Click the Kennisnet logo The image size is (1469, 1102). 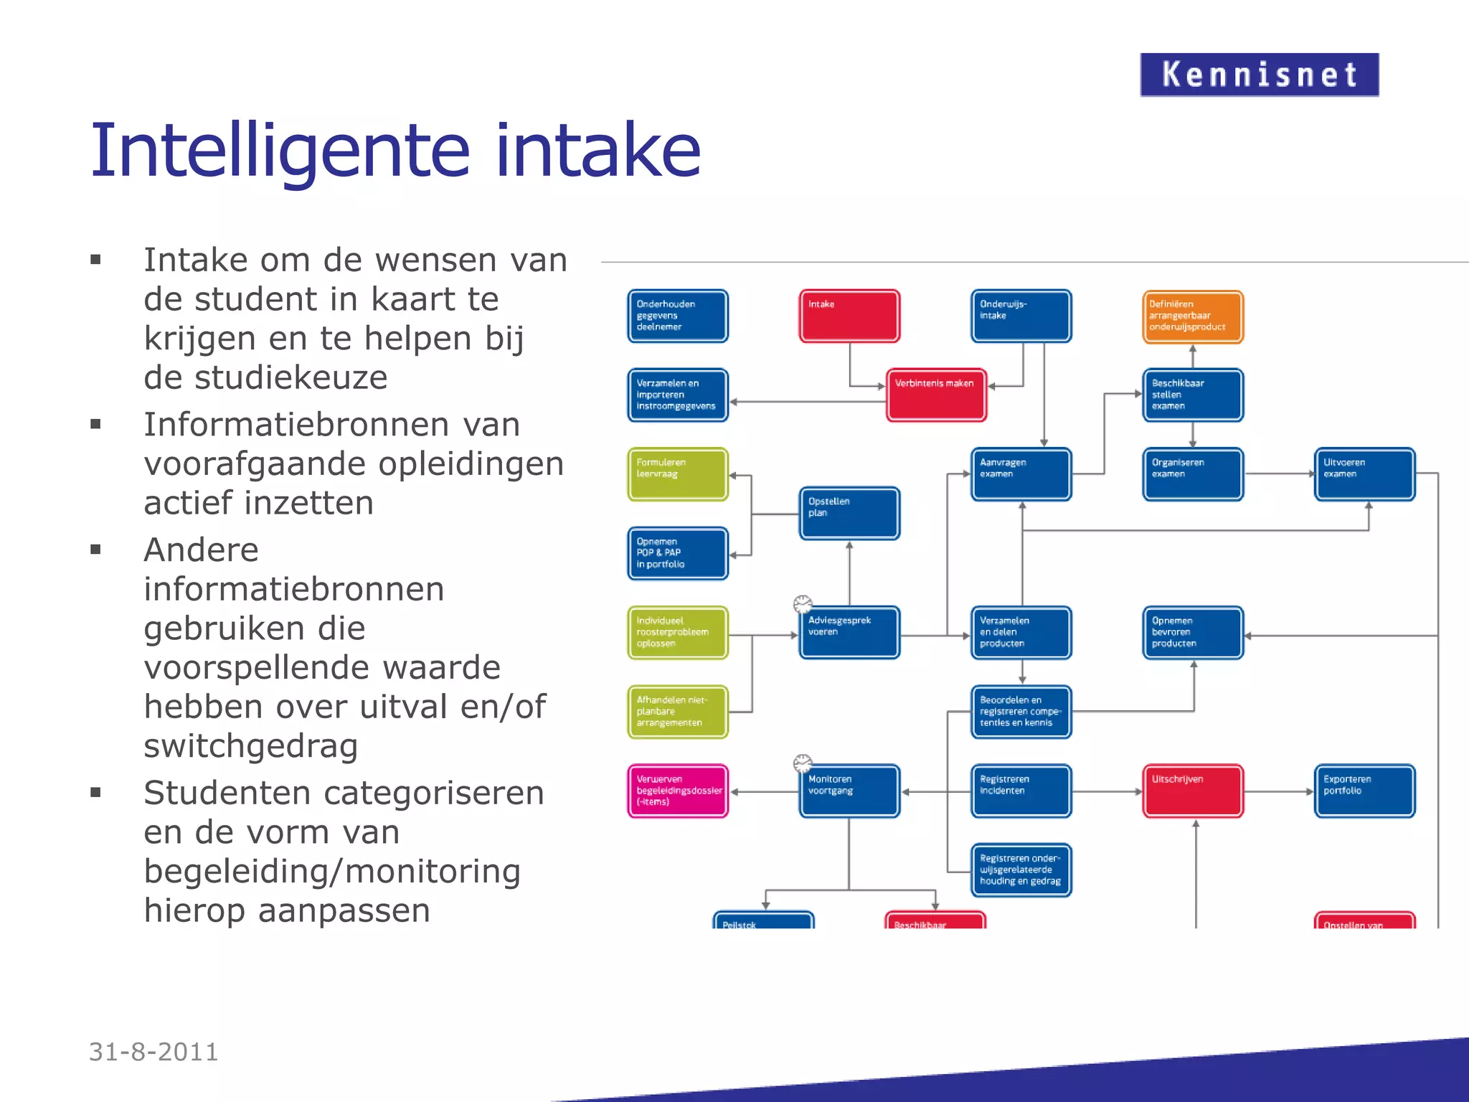pos(1259,75)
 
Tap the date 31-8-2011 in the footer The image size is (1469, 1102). pos(153,1052)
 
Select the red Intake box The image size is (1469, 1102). pos(849,316)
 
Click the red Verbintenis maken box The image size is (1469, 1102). pos(936,395)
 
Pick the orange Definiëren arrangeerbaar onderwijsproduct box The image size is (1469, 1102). pos(1192,316)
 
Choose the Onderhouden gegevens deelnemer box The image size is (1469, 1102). pos(678,316)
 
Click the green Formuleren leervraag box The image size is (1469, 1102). pos(678,474)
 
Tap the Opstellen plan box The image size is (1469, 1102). pos(849,514)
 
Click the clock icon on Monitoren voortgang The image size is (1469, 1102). pos(803,763)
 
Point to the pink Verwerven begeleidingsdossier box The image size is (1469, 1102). pos(678,791)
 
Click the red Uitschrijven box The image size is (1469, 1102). pos(1192,791)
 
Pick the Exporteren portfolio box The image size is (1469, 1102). pos(1364,791)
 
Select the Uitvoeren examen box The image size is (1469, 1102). pos(1364,474)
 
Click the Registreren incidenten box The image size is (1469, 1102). pos(1021,791)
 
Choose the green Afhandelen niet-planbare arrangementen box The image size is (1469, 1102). pos(678,712)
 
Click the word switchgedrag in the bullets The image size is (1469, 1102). pos(250,746)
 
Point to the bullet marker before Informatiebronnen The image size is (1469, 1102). pos(95,424)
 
